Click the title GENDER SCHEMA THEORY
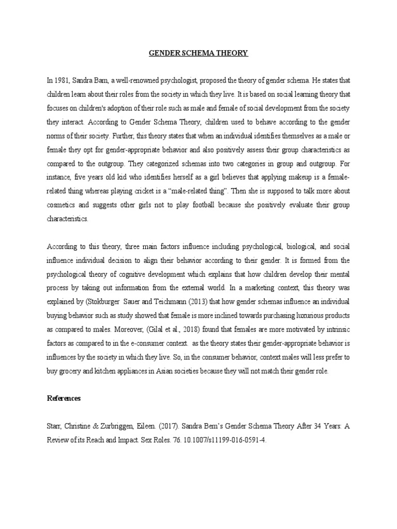[198, 53]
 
